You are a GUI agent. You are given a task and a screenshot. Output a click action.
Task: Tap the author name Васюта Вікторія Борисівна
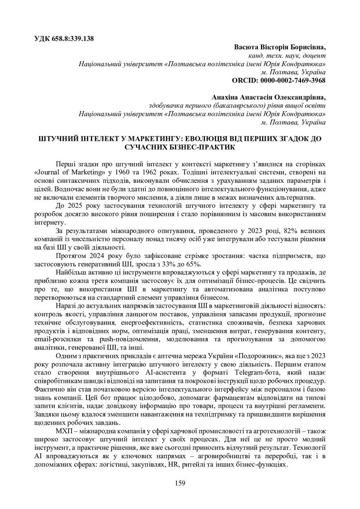click(279, 47)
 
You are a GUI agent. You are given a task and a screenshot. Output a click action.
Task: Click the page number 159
click(180, 483)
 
